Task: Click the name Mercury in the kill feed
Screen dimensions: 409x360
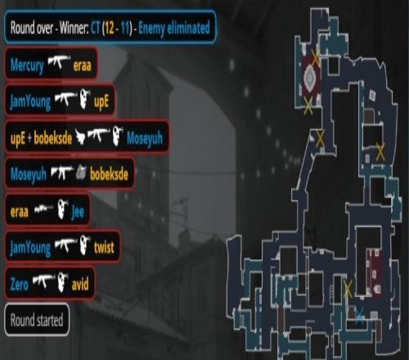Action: (27, 65)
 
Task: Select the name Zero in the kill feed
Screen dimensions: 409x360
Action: (19, 284)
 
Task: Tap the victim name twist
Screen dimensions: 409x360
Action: (104, 247)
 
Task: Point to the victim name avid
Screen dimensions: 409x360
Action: (80, 284)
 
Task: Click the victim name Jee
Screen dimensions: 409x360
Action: (78, 211)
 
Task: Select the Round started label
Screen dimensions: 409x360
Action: (37, 320)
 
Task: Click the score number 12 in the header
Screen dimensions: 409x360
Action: (109, 28)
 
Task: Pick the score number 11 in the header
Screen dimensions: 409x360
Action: (125, 28)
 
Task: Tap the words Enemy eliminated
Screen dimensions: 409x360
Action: (174, 28)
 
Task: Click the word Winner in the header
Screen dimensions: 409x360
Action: (74, 28)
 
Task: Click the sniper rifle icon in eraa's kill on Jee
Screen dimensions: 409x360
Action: (43, 209)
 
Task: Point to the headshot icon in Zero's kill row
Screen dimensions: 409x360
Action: (63, 282)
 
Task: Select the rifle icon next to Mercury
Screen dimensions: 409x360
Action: (59, 62)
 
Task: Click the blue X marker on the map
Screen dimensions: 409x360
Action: (360, 315)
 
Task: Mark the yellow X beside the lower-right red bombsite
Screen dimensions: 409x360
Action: (348, 289)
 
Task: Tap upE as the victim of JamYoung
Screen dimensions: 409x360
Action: (101, 101)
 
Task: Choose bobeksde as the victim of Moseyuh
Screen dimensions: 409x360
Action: (109, 173)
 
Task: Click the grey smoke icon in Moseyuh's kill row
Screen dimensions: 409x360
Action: (81, 173)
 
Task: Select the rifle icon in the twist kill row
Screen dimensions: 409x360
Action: (65, 244)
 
